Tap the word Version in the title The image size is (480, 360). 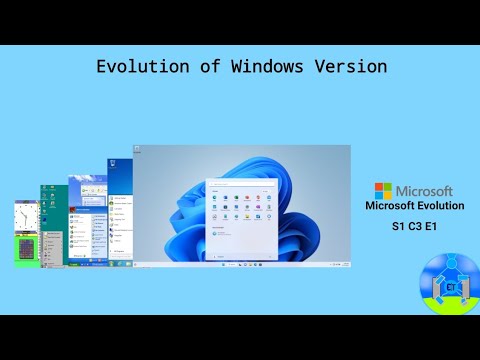click(x=351, y=67)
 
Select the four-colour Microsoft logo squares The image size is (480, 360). click(x=383, y=190)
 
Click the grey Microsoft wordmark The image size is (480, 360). click(x=424, y=190)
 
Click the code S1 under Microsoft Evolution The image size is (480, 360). click(x=398, y=227)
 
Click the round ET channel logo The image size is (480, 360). click(x=447, y=283)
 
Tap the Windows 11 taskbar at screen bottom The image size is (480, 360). click(x=242, y=266)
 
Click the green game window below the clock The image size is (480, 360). click(x=27, y=250)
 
